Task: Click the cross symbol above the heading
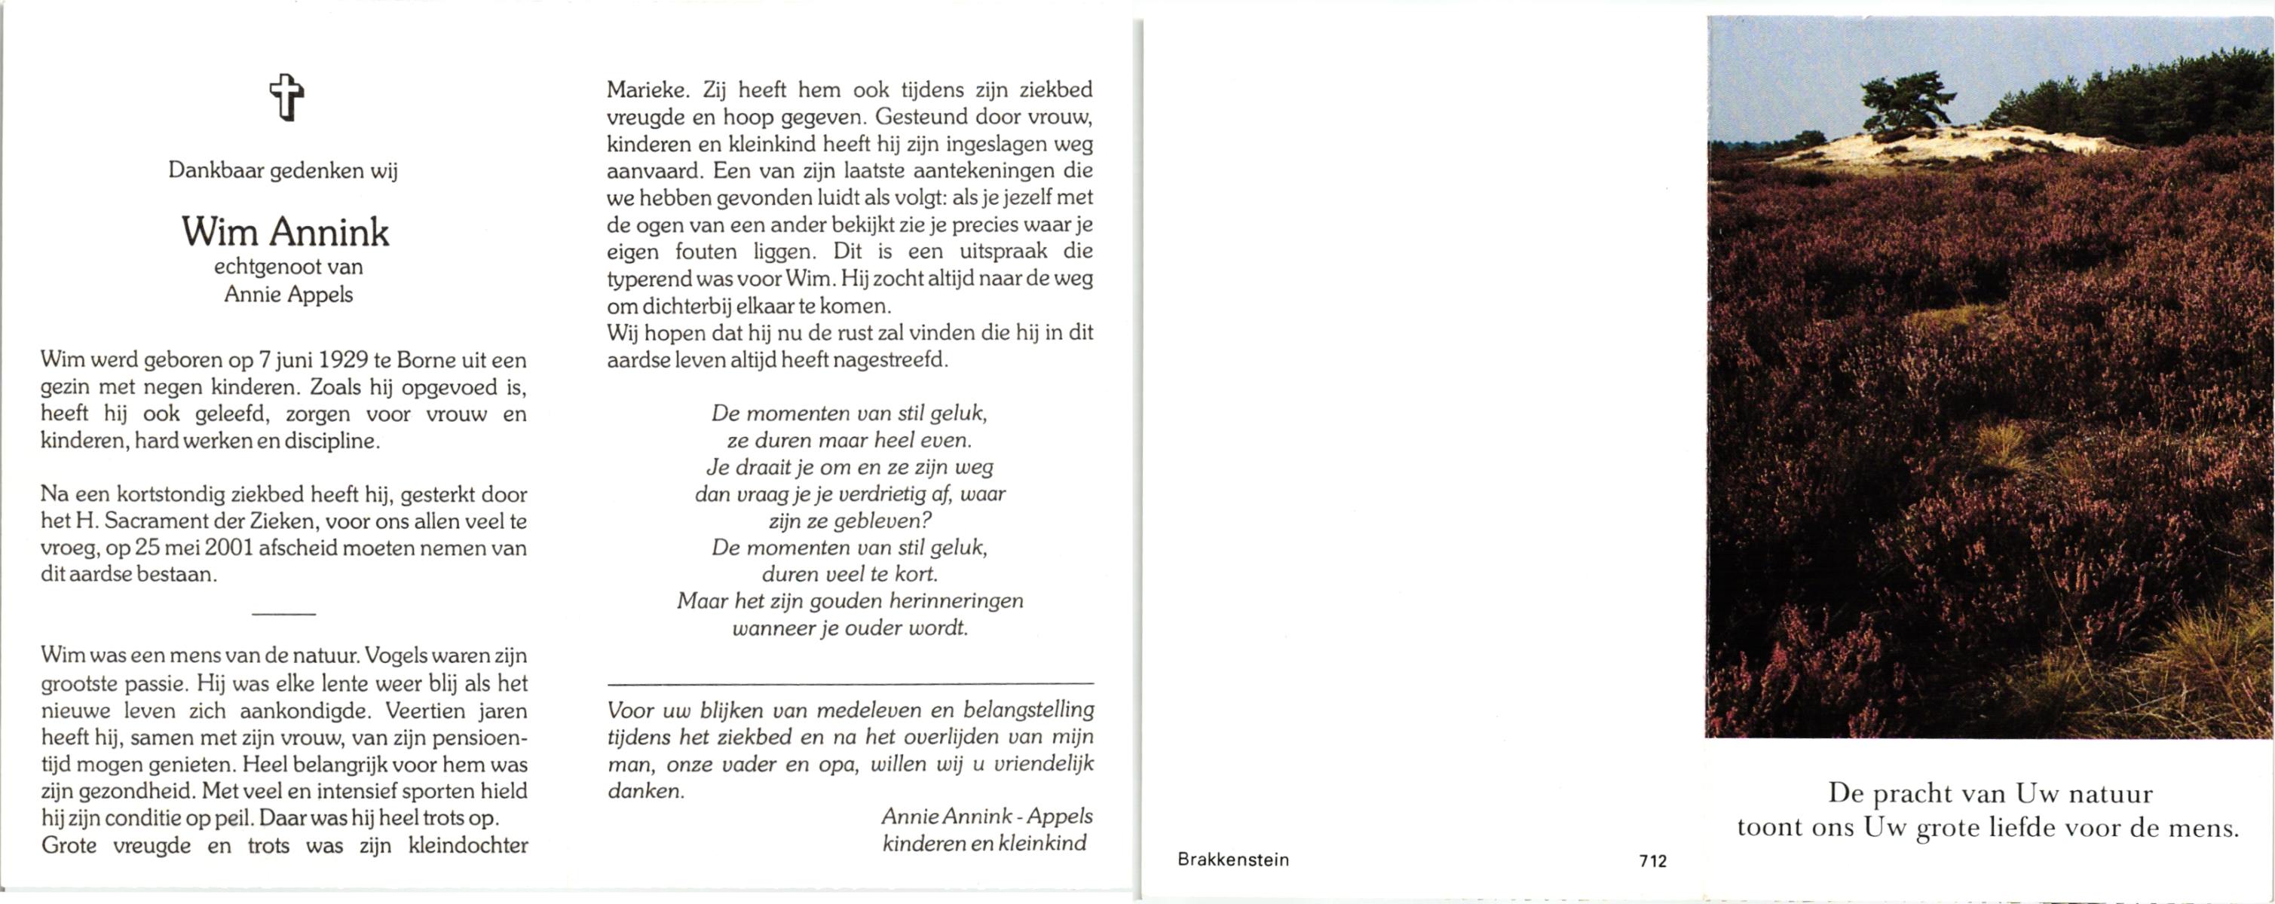click(286, 97)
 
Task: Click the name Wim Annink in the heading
click(285, 232)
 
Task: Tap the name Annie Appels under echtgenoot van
click(288, 295)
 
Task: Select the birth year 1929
click(344, 360)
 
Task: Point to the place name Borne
click(427, 360)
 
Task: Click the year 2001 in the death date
click(228, 548)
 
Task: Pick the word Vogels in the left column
click(397, 656)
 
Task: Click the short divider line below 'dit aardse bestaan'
click(283, 613)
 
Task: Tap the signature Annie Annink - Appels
click(987, 817)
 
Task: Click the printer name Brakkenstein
click(1233, 860)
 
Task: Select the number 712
click(1652, 861)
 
